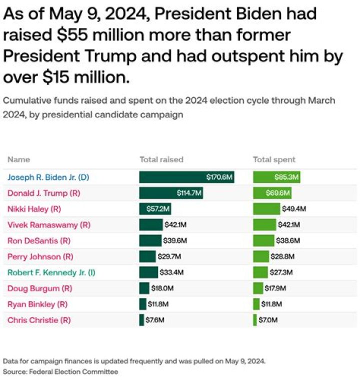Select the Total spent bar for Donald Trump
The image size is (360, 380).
click(272, 193)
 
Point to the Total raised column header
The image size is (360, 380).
click(161, 160)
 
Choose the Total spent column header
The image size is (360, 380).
click(274, 160)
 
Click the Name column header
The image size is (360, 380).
click(18, 160)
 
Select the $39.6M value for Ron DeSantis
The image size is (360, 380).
click(175, 241)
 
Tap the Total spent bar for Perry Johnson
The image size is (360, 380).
click(260, 257)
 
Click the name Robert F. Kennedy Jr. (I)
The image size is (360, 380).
click(51, 272)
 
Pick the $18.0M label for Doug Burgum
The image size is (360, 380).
click(162, 288)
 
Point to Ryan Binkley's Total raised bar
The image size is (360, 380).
click(142, 304)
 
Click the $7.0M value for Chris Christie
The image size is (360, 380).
click(267, 320)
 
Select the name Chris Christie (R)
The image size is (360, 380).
click(38, 320)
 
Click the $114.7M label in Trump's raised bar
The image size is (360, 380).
click(188, 193)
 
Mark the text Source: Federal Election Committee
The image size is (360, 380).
click(60, 372)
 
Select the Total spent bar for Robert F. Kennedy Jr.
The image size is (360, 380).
click(260, 272)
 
